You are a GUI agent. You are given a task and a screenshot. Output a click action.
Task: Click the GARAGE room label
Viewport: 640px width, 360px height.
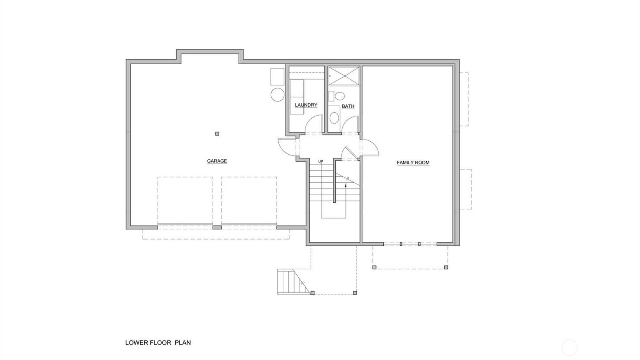pyautogui.click(x=217, y=161)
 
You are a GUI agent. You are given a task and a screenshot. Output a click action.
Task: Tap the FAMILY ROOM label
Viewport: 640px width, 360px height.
pyautogui.click(x=413, y=163)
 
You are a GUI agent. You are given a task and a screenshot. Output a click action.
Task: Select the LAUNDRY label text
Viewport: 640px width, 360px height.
pyautogui.click(x=306, y=105)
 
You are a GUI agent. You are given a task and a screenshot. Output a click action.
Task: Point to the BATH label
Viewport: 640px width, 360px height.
pyautogui.click(x=348, y=106)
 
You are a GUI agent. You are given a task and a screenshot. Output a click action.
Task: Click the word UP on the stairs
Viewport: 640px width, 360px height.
pyautogui.click(x=321, y=162)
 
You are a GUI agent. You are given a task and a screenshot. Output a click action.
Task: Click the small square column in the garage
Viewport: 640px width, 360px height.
pyautogui.click(x=217, y=134)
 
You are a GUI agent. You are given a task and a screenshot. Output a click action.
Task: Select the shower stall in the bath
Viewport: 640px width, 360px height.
pyautogui.click(x=344, y=76)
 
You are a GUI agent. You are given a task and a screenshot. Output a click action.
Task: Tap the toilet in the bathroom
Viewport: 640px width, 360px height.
pyautogui.click(x=339, y=96)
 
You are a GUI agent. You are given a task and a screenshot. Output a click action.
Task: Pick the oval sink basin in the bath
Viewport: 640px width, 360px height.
pyautogui.click(x=334, y=118)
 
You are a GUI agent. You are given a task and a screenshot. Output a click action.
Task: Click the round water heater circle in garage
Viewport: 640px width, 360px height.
pyautogui.click(x=277, y=95)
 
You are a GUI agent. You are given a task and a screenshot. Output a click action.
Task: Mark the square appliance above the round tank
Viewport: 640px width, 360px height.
pyautogui.click(x=277, y=76)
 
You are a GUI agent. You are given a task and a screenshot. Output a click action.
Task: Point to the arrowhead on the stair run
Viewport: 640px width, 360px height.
pyautogui.click(x=346, y=185)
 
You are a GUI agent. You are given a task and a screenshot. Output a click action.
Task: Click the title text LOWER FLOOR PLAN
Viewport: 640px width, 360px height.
pyautogui.click(x=158, y=343)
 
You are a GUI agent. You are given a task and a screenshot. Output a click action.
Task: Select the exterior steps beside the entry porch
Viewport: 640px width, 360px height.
pyautogui.click(x=290, y=282)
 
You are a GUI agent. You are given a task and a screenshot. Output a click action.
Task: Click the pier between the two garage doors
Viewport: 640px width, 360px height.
pyautogui.click(x=217, y=227)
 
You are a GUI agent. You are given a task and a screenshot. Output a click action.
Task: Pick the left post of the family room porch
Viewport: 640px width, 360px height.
pyautogui.click(x=374, y=267)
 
